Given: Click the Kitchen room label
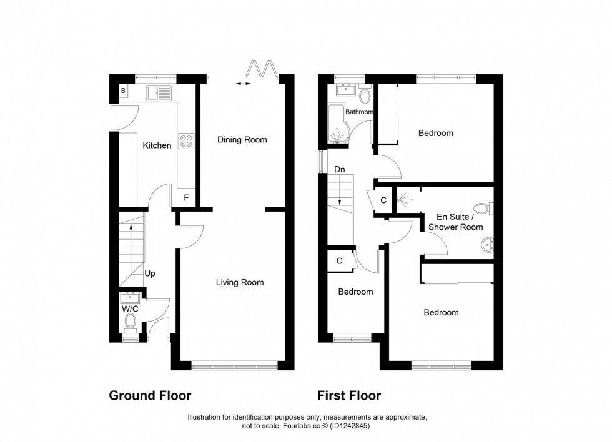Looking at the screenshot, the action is (x=157, y=145).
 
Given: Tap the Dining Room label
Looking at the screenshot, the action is (x=242, y=140).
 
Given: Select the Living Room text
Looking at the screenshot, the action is (x=240, y=282).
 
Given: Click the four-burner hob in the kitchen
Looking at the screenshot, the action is (x=187, y=141).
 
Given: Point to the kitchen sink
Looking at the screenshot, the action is (x=159, y=93).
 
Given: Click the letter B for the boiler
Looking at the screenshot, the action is (x=123, y=91).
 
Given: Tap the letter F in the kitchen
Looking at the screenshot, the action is (x=186, y=198).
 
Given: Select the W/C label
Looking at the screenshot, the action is (x=130, y=309).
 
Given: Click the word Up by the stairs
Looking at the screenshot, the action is (x=150, y=274).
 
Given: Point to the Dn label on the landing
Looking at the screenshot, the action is (x=340, y=169).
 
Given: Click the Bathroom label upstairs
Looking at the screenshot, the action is (x=359, y=112).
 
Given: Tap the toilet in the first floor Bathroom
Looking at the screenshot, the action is (x=366, y=94).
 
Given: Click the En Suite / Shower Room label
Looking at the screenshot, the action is (x=455, y=222).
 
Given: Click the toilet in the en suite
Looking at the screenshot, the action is (x=484, y=209).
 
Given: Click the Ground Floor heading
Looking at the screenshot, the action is (x=151, y=396).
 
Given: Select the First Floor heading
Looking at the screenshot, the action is (x=349, y=396).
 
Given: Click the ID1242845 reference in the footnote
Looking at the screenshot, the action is (x=349, y=426).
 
